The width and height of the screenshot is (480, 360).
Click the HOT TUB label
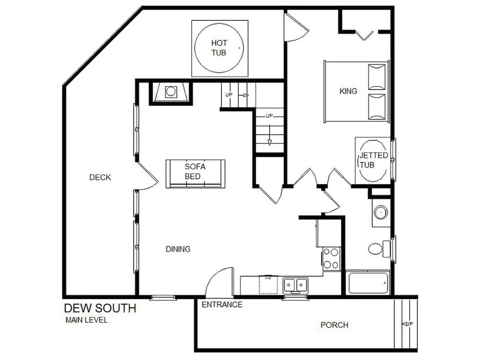click(x=219, y=48)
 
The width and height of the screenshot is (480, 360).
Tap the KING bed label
click(x=348, y=91)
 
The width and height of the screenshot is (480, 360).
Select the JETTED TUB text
click(x=373, y=160)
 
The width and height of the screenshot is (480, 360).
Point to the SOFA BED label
click(x=195, y=171)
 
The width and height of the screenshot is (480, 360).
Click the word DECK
click(x=100, y=177)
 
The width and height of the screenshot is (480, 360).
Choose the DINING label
click(x=178, y=249)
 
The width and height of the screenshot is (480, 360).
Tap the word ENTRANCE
click(x=222, y=305)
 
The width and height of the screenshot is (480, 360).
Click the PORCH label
click(x=334, y=325)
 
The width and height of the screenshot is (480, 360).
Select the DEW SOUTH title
click(x=100, y=308)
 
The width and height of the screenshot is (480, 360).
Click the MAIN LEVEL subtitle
click(x=86, y=320)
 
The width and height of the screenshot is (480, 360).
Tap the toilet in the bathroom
click(x=379, y=249)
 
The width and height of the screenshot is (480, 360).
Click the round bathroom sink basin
click(x=380, y=212)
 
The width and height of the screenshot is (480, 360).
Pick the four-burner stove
click(x=331, y=259)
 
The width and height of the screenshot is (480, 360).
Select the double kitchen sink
click(x=295, y=285)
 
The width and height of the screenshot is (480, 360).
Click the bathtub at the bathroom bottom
click(x=368, y=283)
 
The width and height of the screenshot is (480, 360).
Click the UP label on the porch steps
click(x=408, y=324)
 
